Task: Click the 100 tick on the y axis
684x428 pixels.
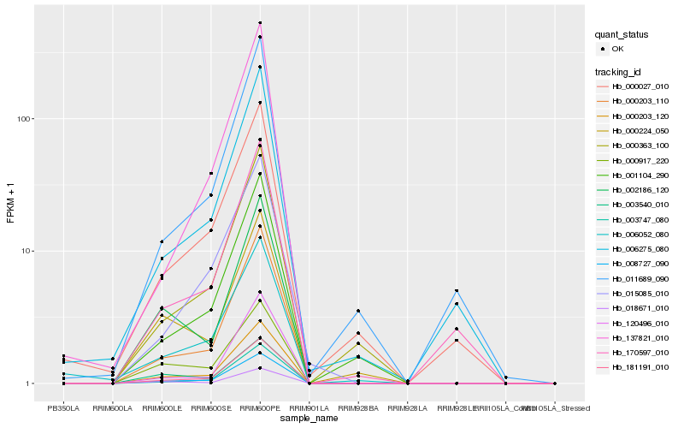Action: (x=27, y=118)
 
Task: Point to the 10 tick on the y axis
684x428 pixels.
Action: (x=29, y=251)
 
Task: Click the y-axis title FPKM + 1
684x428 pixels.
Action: (x=10, y=204)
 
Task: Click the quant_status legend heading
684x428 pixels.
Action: (x=622, y=34)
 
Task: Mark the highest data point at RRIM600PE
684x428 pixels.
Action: (x=260, y=22)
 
